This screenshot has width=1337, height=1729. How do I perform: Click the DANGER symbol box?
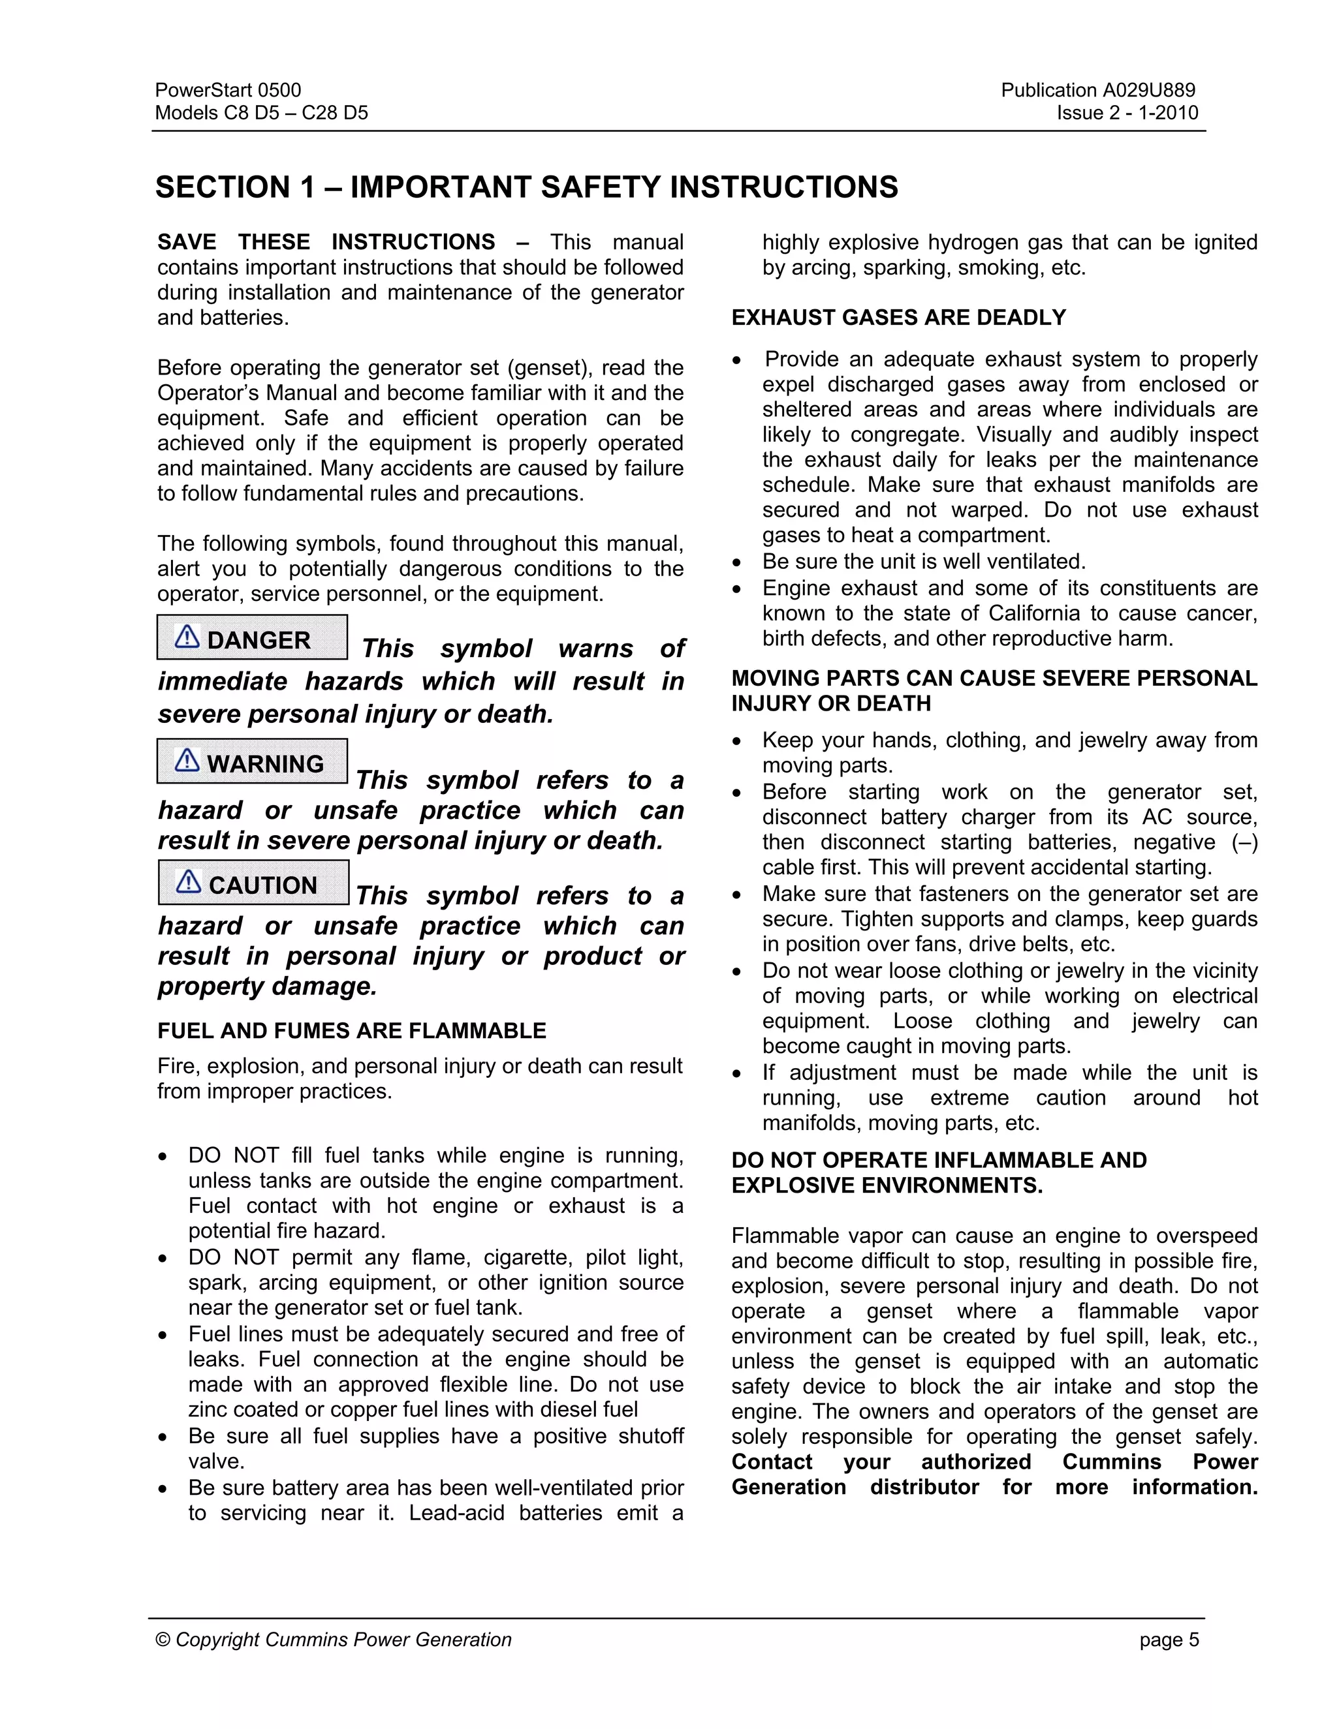(252, 637)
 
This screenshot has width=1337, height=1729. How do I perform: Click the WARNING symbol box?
(252, 761)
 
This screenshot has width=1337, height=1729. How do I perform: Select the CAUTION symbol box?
(253, 882)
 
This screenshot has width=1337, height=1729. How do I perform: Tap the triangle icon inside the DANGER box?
(187, 637)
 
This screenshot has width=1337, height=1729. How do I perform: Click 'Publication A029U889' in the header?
(1098, 90)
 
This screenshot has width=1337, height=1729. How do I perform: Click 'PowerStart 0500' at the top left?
(228, 90)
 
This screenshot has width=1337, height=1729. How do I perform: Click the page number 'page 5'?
(1169, 1640)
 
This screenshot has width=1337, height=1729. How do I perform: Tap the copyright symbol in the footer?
(163, 1640)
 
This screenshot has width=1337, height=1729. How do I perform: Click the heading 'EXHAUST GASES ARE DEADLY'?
(898, 318)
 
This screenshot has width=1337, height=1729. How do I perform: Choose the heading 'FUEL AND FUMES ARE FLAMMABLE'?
(352, 1031)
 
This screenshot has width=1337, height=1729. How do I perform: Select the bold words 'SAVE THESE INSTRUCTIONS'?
(326, 242)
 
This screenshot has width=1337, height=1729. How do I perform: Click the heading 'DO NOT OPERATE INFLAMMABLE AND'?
(939, 1161)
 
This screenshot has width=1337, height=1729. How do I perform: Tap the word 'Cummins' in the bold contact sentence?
(1111, 1462)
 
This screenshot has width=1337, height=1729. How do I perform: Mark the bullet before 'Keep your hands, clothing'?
(738, 742)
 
